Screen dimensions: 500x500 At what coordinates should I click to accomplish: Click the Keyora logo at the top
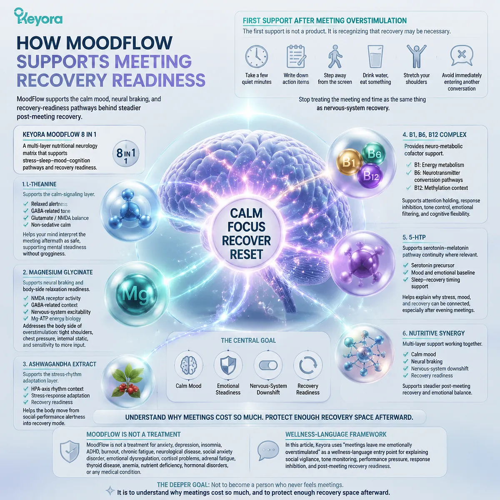pyautogui.click(x=38, y=17)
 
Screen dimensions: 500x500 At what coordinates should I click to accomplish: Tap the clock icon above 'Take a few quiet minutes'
pyautogui.click(x=256, y=57)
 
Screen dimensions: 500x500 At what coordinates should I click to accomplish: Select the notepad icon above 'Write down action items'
pyautogui.click(x=296, y=56)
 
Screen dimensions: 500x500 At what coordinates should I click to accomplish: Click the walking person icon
pyautogui.click(x=335, y=56)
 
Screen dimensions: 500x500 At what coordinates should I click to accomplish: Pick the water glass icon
pyautogui.click(x=375, y=57)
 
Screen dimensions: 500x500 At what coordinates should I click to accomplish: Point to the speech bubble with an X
pyautogui.click(x=462, y=55)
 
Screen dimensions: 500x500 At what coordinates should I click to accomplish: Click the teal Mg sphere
pyautogui.click(x=137, y=294)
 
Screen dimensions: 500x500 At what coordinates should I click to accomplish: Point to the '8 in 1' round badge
pyautogui.click(x=126, y=153)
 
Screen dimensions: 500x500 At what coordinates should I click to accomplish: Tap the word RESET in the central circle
pyautogui.click(x=246, y=254)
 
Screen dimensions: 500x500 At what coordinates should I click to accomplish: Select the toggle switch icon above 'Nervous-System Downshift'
pyautogui.click(x=268, y=365)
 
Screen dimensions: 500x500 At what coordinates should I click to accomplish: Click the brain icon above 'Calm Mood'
pyautogui.click(x=188, y=365)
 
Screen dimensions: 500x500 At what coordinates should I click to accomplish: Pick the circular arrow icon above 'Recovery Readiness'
pyautogui.click(x=308, y=365)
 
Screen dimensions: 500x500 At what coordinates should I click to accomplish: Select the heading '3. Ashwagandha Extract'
pyautogui.click(x=60, y=364)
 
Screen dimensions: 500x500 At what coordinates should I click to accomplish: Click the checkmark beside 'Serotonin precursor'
pyautogui.click(x=405, y=265)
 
